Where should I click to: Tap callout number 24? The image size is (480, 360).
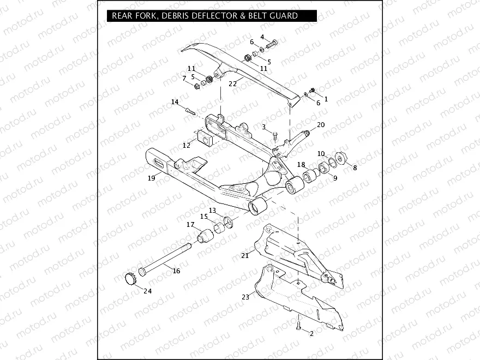[x=147, y=291]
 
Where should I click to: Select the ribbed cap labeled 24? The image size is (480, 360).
[x=130, y=278]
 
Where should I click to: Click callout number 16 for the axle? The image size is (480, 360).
[x=176, y=271]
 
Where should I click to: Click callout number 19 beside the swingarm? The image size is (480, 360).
[x=152, y=177]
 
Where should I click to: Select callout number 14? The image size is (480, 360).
[x=175, y=102]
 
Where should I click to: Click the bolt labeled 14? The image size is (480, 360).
[x=190, y=111]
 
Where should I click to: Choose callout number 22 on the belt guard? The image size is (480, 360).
[x=232, y=83]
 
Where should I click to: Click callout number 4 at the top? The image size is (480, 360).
[x=262, y=37]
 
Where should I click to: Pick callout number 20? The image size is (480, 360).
[x=321, y=125]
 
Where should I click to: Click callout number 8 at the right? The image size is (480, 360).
[x=355, y=168]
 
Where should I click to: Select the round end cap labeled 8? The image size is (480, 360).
[x=341, y=158]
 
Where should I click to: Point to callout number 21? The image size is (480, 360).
[x=245, y=255]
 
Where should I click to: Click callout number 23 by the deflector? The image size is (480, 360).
[x=245, y=297]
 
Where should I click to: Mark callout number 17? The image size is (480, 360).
[x=190, y=225]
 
